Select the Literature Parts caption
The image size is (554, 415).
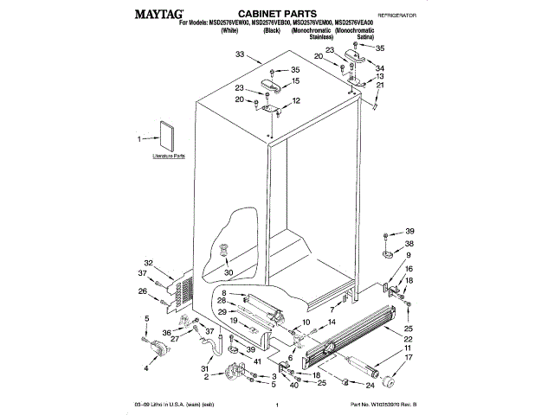point(169,156)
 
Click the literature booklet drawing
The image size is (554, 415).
point(164,137)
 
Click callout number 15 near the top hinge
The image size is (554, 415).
point(295,80)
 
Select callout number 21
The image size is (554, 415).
point(380,85)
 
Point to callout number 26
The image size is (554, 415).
point(143,290)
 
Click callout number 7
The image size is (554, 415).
point(331,309)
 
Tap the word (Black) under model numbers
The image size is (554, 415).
point(273,30)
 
